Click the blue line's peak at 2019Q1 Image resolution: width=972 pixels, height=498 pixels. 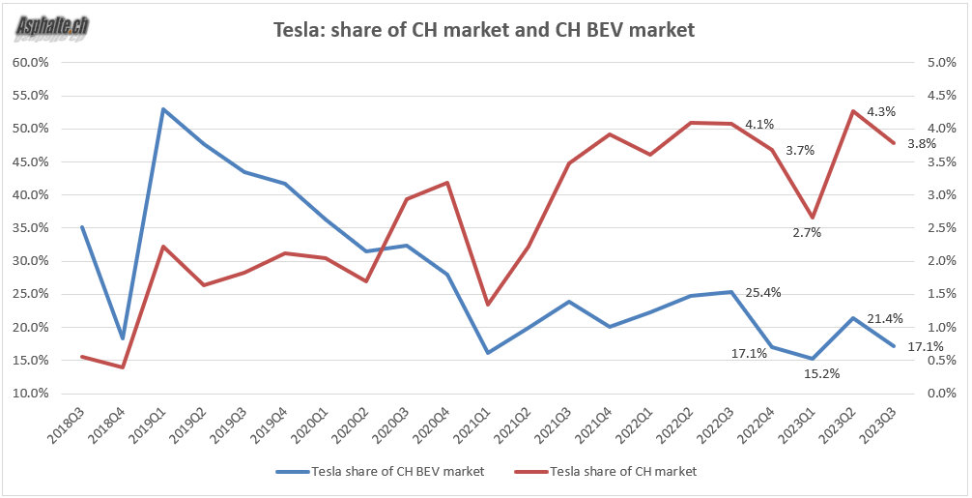(163, 109)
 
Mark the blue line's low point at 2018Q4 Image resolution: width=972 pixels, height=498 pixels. (123, 338)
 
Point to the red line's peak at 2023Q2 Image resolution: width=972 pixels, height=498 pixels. (853, 111)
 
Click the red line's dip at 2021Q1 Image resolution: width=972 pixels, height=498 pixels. (488, 305)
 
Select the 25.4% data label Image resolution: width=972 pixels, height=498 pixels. (763, 292)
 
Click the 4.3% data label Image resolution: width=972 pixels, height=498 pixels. (881, 111)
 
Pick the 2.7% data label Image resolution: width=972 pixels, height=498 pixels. (806, 232)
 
